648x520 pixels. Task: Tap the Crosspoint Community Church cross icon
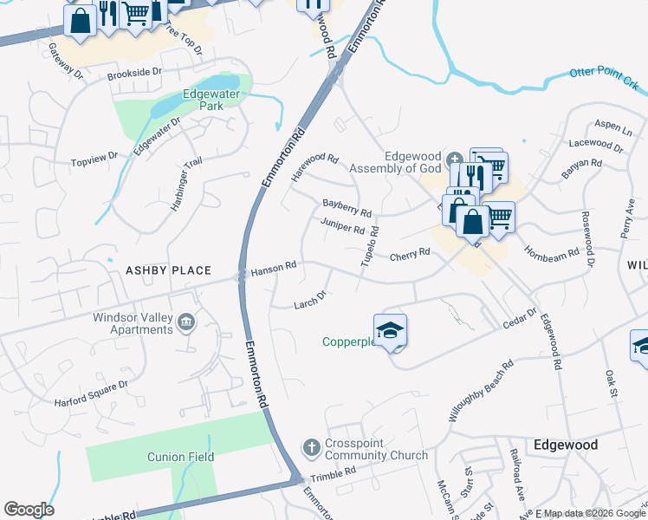[311, 447]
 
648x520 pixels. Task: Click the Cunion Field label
[180, 457]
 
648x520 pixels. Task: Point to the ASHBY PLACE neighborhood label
[168, 270]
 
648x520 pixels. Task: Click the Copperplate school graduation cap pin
[390, 329]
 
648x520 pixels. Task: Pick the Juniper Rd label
[341, 227]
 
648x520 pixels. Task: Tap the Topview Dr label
[94, 159]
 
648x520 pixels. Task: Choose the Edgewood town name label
[566, 445]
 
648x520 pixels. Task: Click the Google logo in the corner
[29, 510]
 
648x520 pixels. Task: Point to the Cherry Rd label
[410, 255]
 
